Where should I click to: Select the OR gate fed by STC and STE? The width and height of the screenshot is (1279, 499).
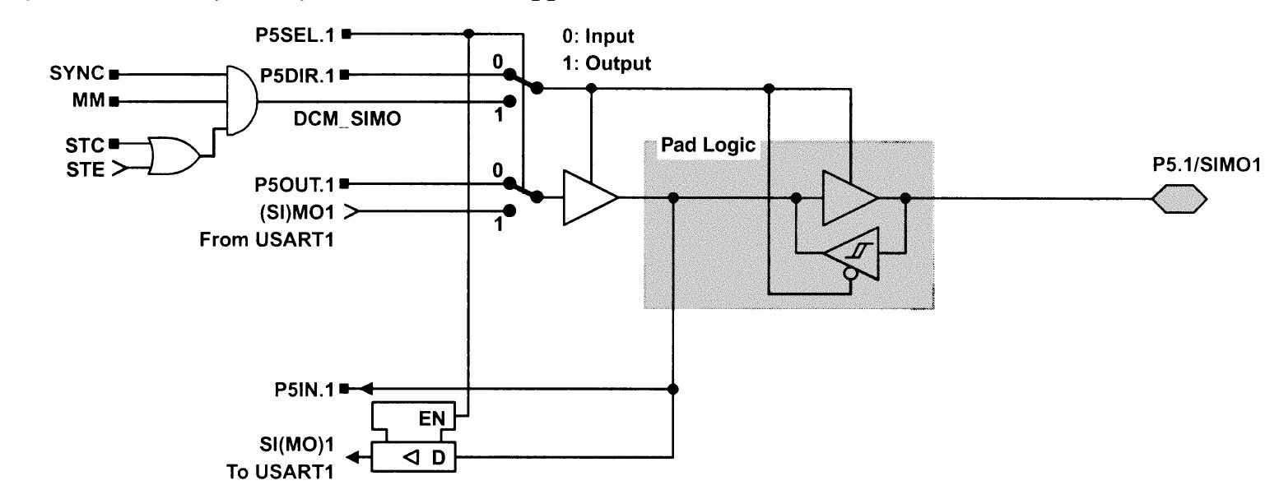click(174, 157)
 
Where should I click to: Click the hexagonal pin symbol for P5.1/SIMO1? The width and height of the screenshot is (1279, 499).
click(1180, 198)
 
